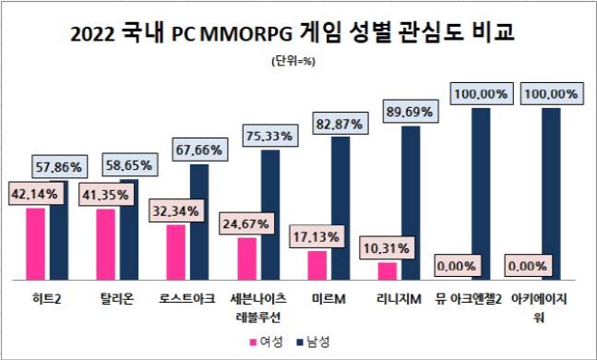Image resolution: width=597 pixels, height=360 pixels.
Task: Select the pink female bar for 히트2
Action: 35,243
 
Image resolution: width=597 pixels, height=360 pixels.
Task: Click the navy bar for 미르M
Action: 340,207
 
